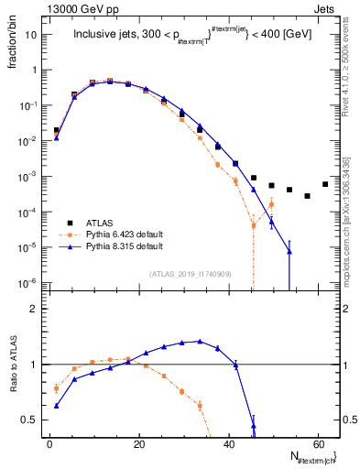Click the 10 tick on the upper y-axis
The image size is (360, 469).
[35, 34]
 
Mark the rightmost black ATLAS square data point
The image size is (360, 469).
[325, 184]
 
